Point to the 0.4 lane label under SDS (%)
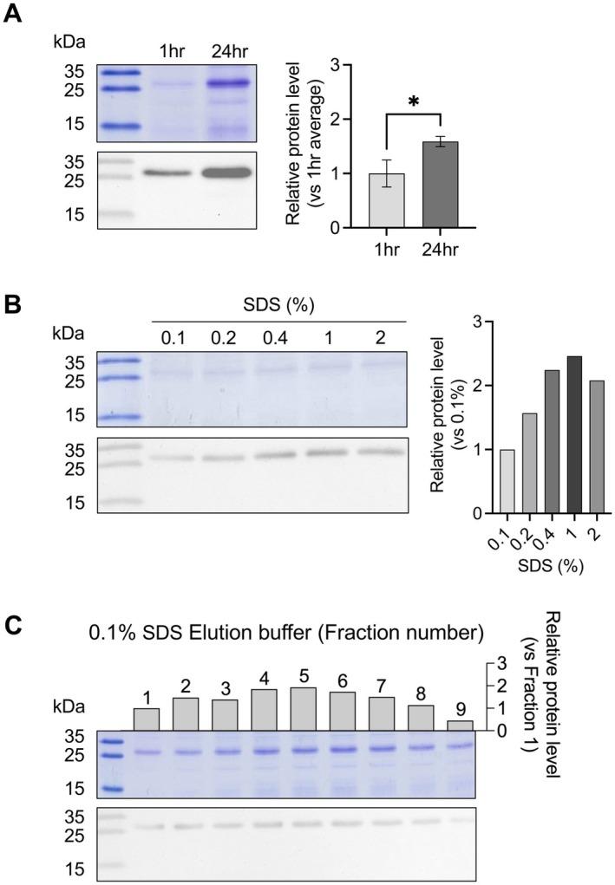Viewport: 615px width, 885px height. pyautogui.click(x=270, y=335)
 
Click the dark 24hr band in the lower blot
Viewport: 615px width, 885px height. pyautogui.click(x=226, y=172)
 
